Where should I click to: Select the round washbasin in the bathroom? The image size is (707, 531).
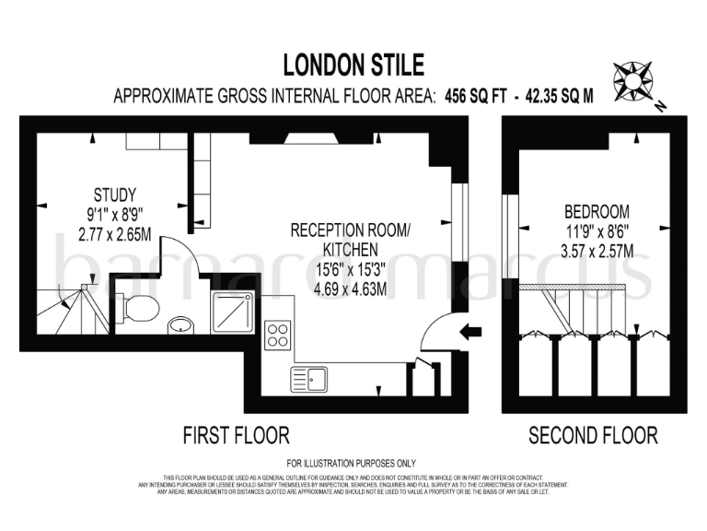point(180,324)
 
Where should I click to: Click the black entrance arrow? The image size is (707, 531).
point(470,333)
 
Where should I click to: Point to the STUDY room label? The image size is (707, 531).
point(115,195)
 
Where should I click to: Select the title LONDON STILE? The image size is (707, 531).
point(353,65)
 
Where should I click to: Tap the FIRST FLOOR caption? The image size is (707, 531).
point(237,435)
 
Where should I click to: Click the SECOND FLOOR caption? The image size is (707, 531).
point(593,435)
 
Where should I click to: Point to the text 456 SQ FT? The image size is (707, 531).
point(476,95)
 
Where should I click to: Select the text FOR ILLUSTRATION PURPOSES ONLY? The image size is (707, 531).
point(352,463)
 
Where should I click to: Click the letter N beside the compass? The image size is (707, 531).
point(661,107)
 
